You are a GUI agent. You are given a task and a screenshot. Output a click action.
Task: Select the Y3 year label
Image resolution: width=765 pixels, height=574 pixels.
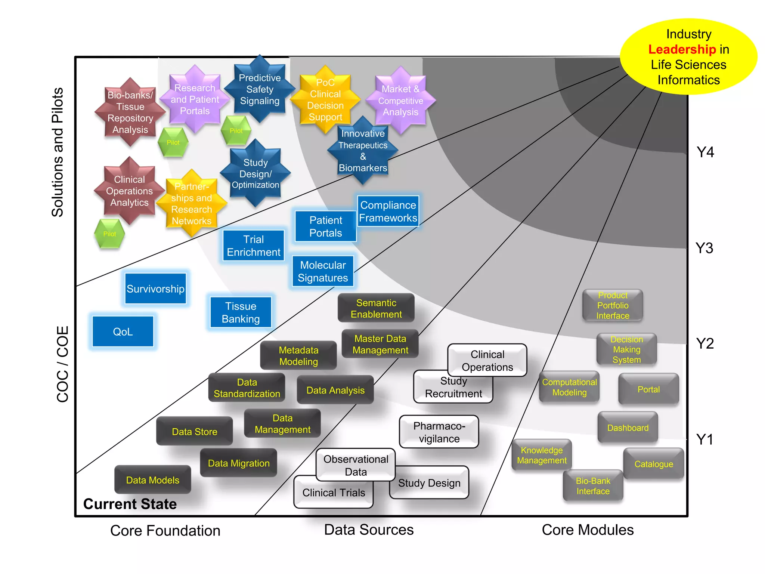click(x=704, y=248)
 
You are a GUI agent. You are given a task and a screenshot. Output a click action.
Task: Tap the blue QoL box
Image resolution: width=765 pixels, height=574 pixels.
click(x=123, y=331)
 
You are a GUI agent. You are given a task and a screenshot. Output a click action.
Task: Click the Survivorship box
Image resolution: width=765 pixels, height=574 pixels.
click(x=155, y=289)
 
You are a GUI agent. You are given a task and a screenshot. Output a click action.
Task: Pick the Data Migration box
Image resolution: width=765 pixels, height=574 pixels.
click(x=239, y=463)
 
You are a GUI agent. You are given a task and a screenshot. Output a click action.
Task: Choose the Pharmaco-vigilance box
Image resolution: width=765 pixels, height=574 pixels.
click(x=439, y=432)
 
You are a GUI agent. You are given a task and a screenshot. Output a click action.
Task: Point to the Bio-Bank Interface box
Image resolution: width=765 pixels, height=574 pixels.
click(x=593, y=486)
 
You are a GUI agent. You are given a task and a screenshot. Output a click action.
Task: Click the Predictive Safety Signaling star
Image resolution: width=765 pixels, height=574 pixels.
click(x=260, y=89)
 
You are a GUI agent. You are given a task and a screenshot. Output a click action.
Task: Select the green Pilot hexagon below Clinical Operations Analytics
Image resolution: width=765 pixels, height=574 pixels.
click(x=109, y=234)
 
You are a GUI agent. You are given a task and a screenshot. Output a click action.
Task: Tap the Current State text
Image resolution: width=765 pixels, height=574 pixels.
click(x=130, y=504)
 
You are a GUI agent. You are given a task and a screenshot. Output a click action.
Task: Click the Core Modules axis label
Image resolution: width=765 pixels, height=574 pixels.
click(x=588, y=530)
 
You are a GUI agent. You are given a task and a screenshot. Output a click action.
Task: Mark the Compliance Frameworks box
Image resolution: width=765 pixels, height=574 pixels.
click(x=388, y=212)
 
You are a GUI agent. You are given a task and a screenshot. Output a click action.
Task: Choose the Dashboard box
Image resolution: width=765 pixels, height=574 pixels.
click(x=628, y=428)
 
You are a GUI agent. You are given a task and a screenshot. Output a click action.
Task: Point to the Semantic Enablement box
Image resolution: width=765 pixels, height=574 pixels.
click(x=376, y=308)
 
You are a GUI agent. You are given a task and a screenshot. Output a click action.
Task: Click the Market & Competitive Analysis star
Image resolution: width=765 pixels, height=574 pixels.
click(x=400, y=100)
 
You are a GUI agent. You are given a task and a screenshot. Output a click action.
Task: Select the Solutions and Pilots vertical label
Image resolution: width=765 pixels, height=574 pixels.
click(x=58, y=152)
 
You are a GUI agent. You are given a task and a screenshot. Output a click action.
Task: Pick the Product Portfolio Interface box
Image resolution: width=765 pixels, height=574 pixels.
click(x=613, y=305)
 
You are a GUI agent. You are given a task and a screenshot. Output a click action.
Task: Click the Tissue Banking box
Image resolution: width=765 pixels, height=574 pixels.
click(x=241, y=312)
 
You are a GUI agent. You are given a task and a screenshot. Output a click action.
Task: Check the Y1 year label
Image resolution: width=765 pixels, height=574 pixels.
click(x=705, y=439)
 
